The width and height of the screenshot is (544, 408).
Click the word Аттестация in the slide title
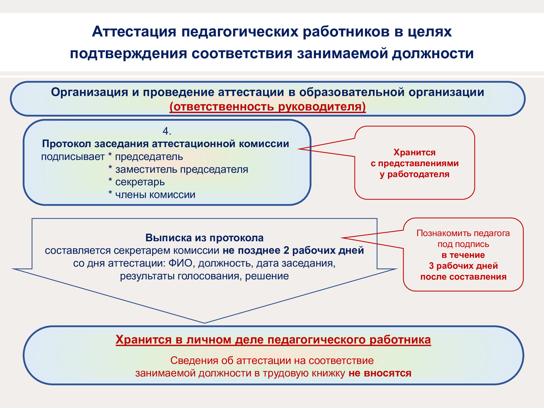click(x=134, y=32)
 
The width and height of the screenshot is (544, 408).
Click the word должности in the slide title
click(x=433, y=53)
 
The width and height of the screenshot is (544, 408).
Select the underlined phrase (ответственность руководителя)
click(x=267, y=107)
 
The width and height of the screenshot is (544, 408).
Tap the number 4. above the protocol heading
click(x=167, y=131)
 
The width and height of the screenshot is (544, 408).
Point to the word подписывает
click(x=73, y=157)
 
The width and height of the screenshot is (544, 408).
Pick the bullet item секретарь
click(x=140, y=182)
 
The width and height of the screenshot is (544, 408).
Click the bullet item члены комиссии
click(x=155, y=195)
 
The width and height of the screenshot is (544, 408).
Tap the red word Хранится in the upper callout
click(x=414, y=152)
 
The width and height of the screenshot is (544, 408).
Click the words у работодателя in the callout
click(x=414, y=174)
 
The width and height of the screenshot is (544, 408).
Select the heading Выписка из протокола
click(x=204, y=238)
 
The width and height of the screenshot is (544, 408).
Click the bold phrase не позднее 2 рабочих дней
click(x=293, y=250)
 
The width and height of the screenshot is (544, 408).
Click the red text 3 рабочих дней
click(x=463, y=266)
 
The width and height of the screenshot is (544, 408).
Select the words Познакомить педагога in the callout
click(x=463, y=233)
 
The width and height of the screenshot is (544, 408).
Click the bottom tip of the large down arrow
click(x=204, y=322)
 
